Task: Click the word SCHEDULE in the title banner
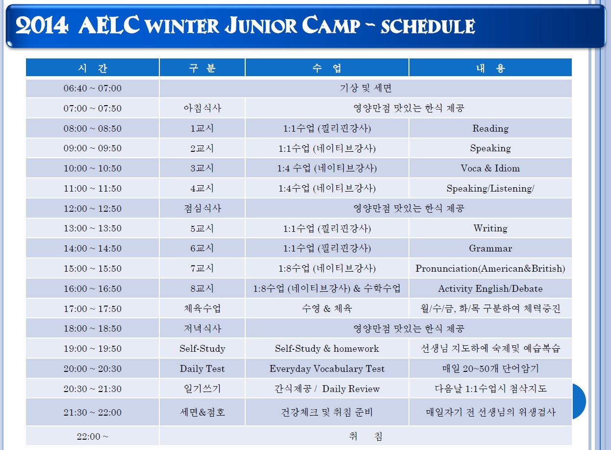pyautogui.click(x=428, y=27)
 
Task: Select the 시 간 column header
pyautogui.click(x=93, y=68)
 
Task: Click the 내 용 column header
pyautogui.click(x=490, y=68)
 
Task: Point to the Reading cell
pyautogui.click(x=490, y=128)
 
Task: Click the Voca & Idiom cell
pyautogui.click(x=490, y=169)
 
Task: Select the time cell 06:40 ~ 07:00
pyautogui.click(x=93, y=88)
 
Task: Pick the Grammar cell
pyautogui.click(x=490, y=249)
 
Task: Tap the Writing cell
pyautogui.click(x=490, y=228)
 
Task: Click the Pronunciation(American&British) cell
pyautogui.click(x=490, y=269)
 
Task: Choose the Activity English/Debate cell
pyautogui.click(x=490, y=289)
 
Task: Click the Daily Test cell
pyautogui.click(x=202, y=369)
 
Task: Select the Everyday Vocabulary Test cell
pyautogui.click(x=327, y=369)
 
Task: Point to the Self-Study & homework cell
pyautogui.click(x=327, y=349)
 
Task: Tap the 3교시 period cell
pyautogui.click(x=202, y=169)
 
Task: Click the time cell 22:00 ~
pyautogui.click(x=93, y=437)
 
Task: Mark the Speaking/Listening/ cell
pyautogui.click(x=490, y=189)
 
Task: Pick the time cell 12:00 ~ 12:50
pyautogui.click(x=93, y=208)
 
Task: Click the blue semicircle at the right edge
pyautogui.click(x=579, y=401)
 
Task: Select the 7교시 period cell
pyautogui.click(x=202, y=269)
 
